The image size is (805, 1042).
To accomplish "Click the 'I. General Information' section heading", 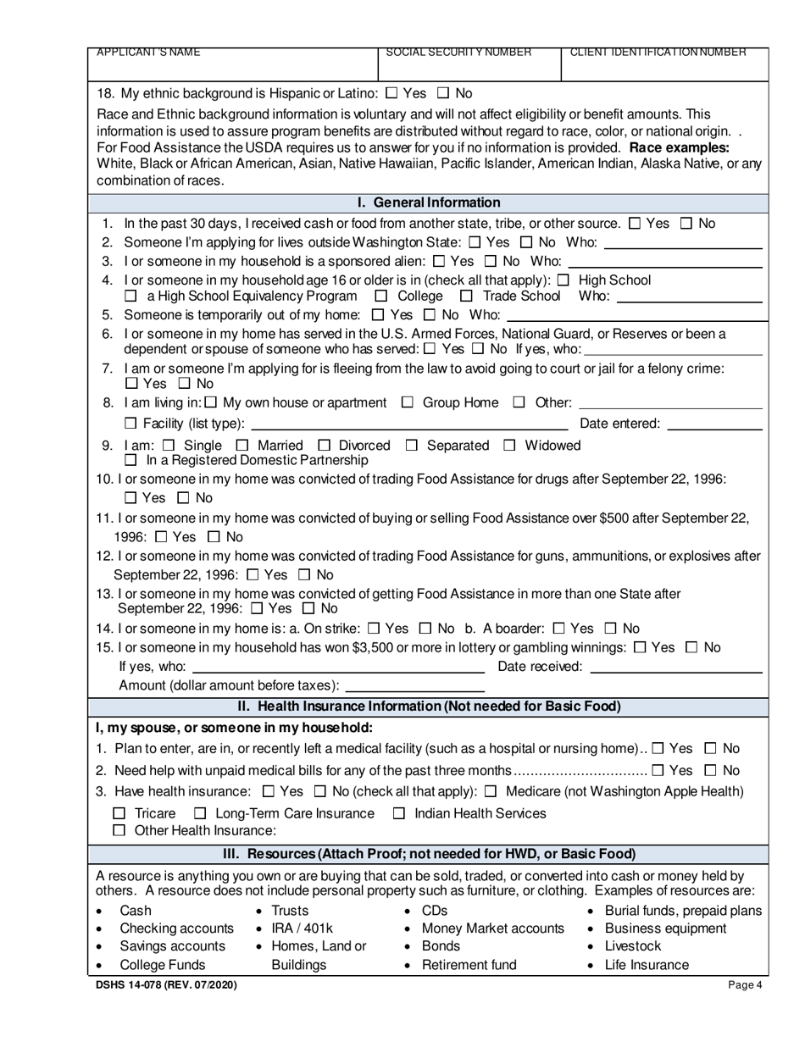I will pos(429,202).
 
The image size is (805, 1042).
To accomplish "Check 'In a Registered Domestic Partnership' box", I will pos(130,461).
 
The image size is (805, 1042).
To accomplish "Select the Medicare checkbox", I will pos(491,792).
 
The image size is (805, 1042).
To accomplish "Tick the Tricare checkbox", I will pos(119,814).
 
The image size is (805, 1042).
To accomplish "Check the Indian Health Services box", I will pos(398,814).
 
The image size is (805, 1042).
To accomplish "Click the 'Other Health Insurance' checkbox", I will pos(119,831).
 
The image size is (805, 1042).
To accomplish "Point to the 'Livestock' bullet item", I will pos(632,946).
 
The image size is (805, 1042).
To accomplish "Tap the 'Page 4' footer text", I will pos(745,985).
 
